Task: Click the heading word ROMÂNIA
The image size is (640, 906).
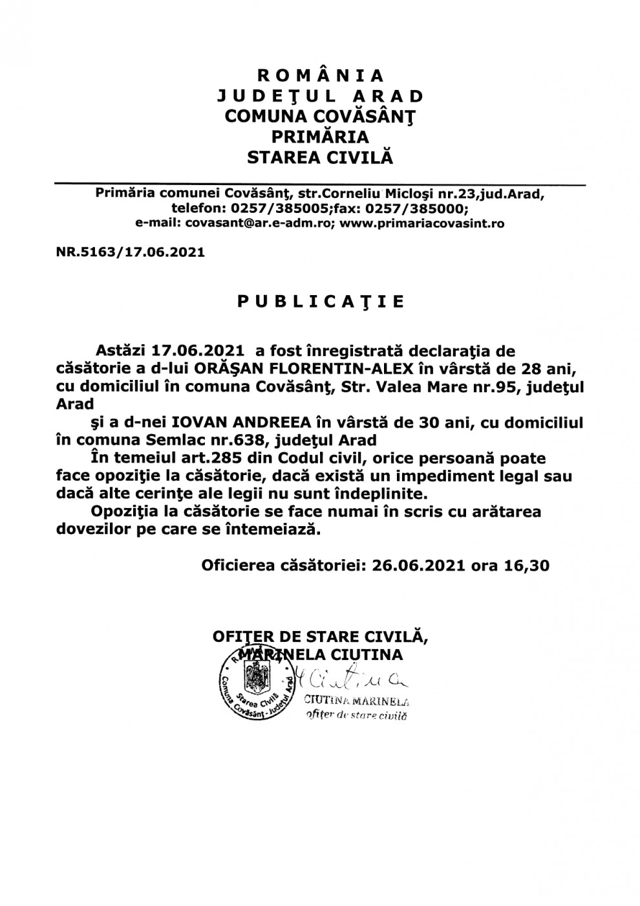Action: coord(319,76)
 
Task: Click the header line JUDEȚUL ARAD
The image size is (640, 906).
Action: coord(319,96)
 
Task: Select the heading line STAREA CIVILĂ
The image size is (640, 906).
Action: coord(319,157)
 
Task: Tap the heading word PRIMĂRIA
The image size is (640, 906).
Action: coord(319,137)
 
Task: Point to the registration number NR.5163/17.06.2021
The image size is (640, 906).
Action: coord(131,252)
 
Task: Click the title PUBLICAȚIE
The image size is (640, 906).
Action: coord(321,302)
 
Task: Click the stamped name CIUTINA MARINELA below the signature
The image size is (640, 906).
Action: coord(357,702)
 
